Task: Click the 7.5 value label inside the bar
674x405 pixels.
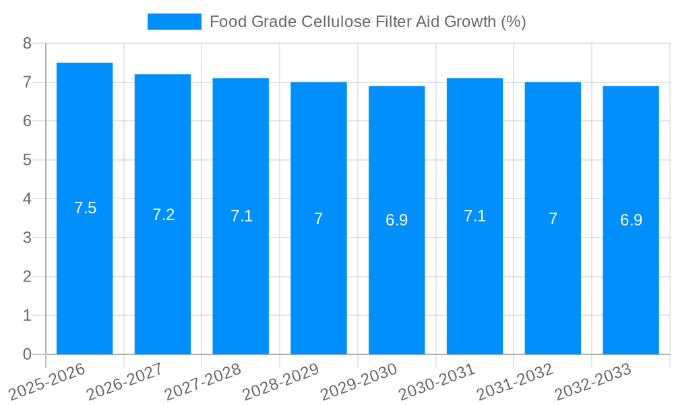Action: (86, 208)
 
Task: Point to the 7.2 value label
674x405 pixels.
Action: (164, 215)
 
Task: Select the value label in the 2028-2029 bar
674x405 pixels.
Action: (319, 219)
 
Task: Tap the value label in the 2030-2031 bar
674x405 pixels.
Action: (475, 216)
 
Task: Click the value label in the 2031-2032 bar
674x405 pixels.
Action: (553, 219)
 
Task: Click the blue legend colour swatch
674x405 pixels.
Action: (174, 22)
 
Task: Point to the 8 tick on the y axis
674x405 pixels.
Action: (27, 43)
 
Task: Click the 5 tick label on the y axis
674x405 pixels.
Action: (27, 160)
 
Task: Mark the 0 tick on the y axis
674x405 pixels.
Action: (27, 354)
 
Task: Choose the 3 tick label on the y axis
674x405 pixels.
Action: (27, 238)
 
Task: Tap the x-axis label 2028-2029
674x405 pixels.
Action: (282, 381)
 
